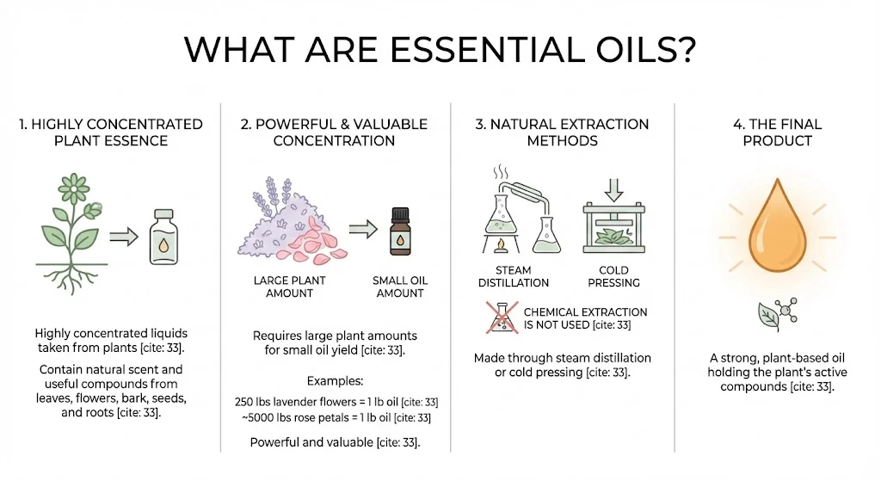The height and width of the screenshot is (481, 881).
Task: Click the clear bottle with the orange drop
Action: [164, 236]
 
